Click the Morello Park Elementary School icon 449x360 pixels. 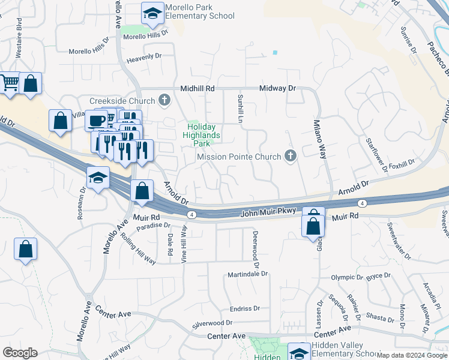point(152,13)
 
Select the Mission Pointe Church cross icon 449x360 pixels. point(291,157)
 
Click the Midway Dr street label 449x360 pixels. point(278,88)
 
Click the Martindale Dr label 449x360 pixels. point(247,274)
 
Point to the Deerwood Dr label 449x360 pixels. point(256,248)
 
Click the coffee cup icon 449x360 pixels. point(95,120)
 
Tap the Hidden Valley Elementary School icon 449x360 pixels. point(299,352)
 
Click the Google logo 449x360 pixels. point(20,353)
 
